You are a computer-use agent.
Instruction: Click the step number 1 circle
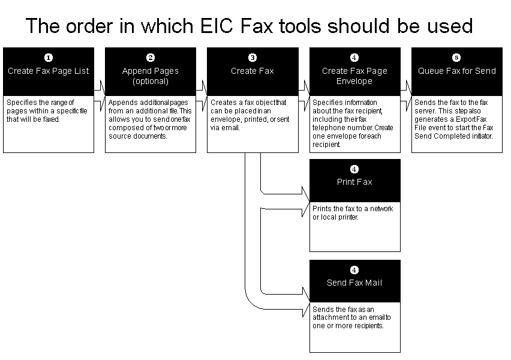click(49, 58)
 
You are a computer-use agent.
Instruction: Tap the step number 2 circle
click(151, 58)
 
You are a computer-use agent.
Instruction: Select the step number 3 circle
click(253, 58)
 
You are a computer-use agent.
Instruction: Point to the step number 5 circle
click(456, 58)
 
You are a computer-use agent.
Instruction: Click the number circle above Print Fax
click(354, 169)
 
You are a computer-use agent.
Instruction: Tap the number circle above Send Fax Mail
click(354, 270)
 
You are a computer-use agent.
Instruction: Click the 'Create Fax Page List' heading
click(49, 71)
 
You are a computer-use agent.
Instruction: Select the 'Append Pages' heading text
click(151, 71)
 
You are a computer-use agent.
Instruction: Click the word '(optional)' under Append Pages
click(151, 81)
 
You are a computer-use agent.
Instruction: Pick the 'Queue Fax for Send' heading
click(456, 71)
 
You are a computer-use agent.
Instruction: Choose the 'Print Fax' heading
click(354, 182)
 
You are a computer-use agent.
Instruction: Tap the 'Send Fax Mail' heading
click(354, 283)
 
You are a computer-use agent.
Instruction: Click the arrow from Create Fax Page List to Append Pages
click(100, 87)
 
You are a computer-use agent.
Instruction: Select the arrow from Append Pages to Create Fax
click(202, 87)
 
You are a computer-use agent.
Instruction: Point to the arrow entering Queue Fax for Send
click(406, 87)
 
